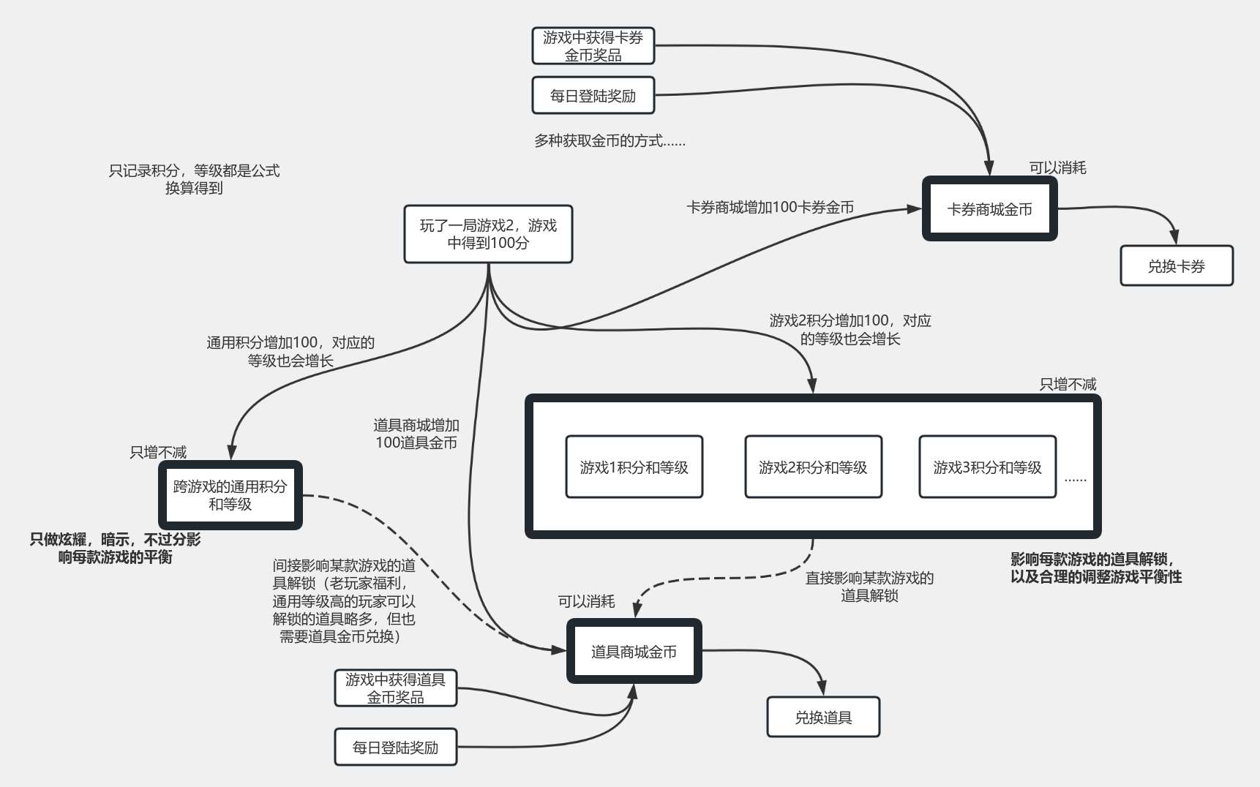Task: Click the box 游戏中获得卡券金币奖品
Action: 593,46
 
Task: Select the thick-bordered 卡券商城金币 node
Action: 989,209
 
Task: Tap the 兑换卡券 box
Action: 1176,266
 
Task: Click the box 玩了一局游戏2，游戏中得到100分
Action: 488,234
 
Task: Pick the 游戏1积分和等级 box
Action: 634,467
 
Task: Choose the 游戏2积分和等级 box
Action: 813,467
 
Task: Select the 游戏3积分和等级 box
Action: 987,467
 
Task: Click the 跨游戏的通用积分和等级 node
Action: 230,495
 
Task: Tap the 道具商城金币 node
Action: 634,652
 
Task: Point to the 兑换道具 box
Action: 823,718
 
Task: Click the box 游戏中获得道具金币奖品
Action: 395,688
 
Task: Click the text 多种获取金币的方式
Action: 610,140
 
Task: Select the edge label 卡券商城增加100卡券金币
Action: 770,208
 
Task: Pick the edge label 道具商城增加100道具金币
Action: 416,434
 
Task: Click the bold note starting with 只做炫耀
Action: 115,549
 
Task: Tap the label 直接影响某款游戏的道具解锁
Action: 869,587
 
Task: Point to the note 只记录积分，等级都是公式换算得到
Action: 194,179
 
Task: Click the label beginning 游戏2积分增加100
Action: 850,329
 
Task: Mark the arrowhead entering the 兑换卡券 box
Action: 1174,238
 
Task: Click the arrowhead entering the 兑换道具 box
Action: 822,689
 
